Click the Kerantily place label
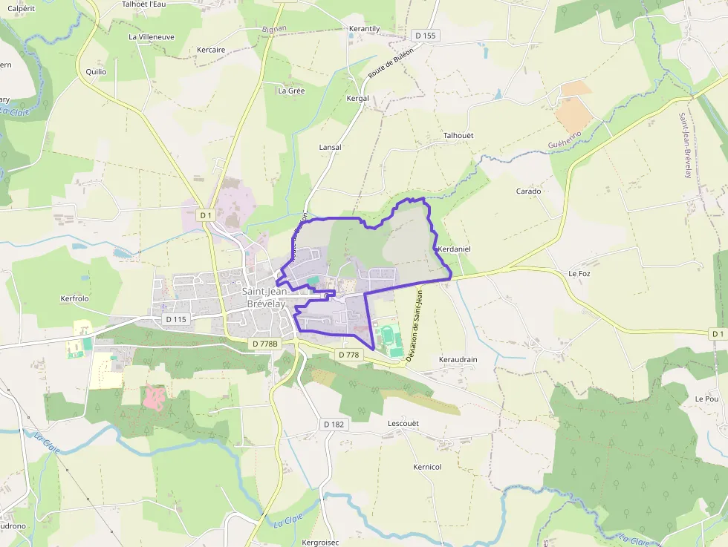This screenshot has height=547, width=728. [x=364, y=29]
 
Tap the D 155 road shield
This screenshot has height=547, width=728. [x=426, y=35]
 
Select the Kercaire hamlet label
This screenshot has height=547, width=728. [x=211, y=50]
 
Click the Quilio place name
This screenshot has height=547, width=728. [x=96, y=72]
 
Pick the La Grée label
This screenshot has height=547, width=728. [x=291, y=91]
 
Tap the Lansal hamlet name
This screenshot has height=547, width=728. [x=330, y=147]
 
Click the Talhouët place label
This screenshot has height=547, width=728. [x=458, y=136]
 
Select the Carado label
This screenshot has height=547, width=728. [x=529, y=191]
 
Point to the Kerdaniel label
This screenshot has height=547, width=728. [x=455, y=249]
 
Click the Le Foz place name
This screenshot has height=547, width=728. [x=579, y=273]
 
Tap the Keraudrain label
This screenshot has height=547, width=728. [x=458, y=359]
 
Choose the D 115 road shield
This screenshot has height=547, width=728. [x=175, y=319]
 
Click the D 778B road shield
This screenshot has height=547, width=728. [x=264, y=344]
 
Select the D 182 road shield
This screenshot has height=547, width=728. [x=334, y=424]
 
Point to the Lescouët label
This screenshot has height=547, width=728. [x=404, y=423]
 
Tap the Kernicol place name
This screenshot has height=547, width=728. [x=427, y=467]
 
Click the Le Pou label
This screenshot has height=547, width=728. [x=706, y=399]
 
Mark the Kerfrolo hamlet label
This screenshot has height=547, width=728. [x=74, y=298]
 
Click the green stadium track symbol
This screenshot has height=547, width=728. [x=389, y=338]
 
